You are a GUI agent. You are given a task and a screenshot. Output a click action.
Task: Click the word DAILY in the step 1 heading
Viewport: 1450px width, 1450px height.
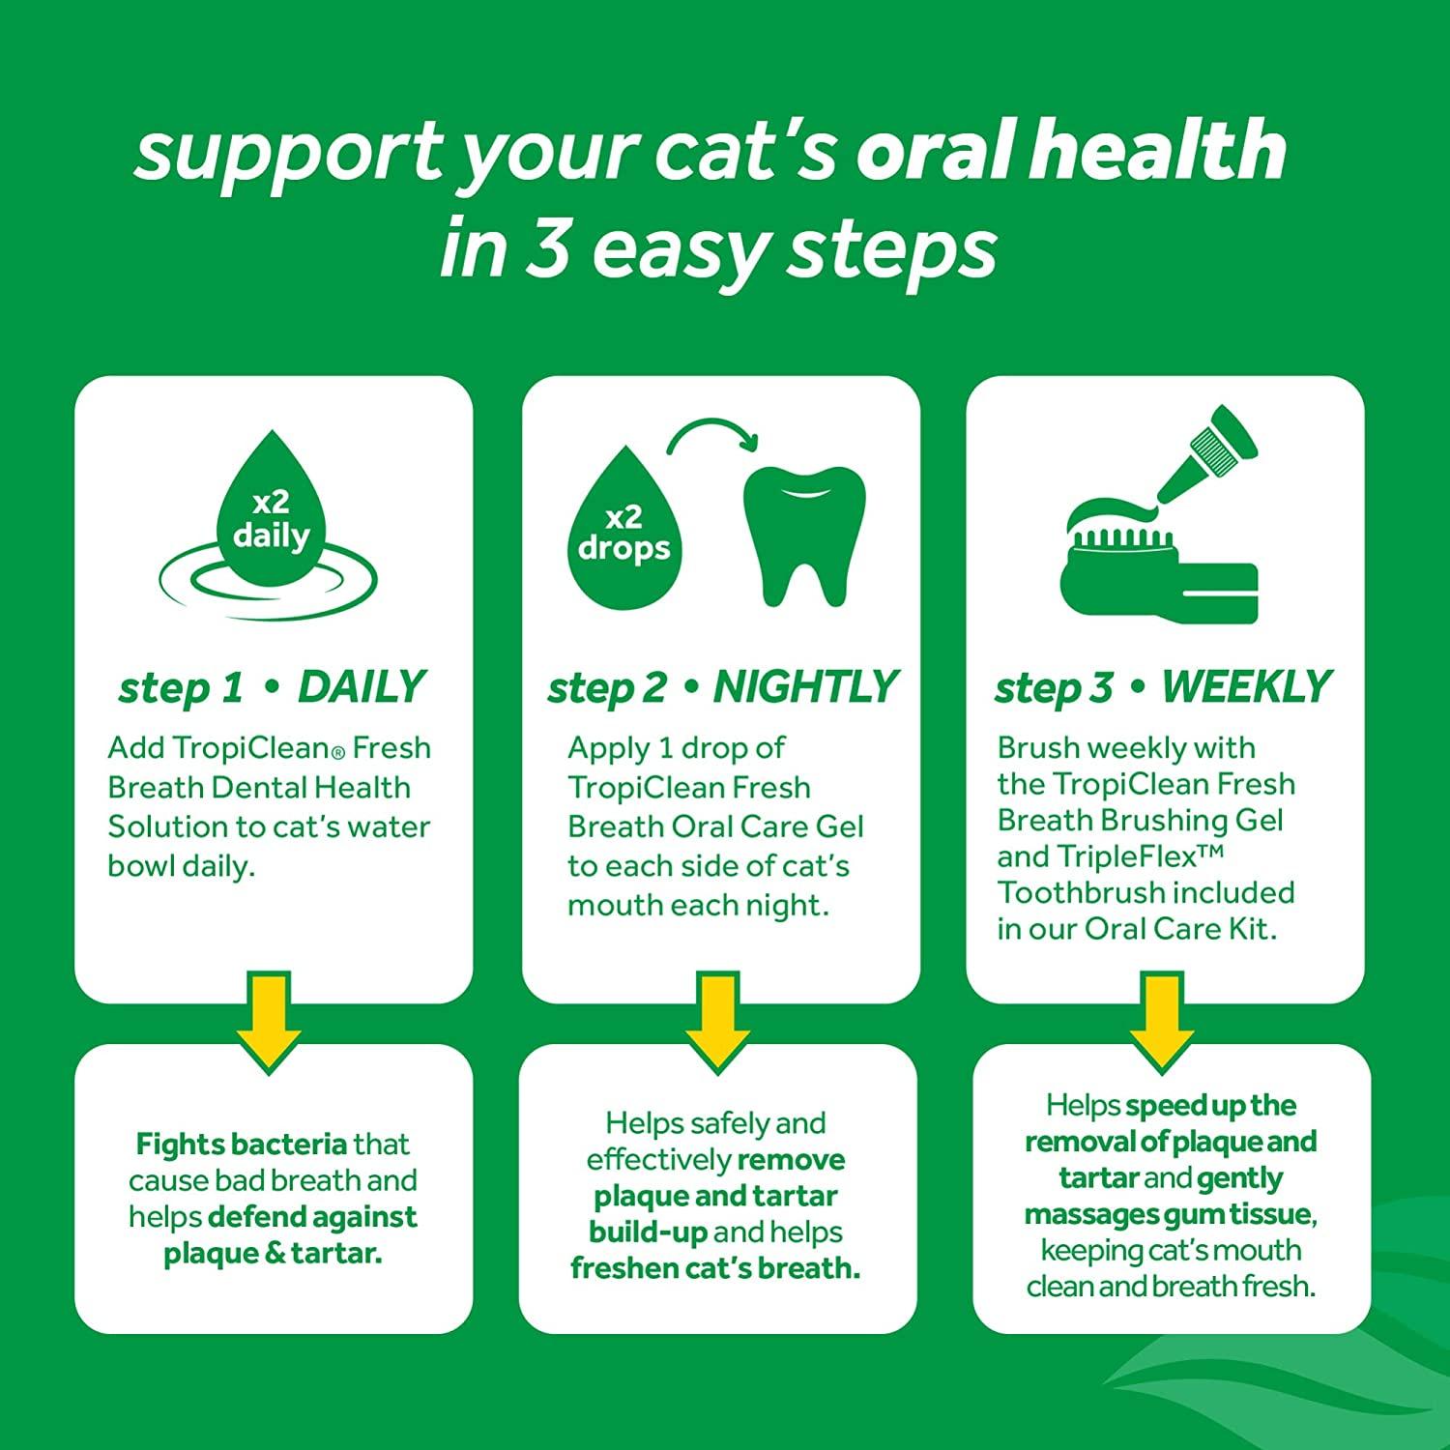(361, 687)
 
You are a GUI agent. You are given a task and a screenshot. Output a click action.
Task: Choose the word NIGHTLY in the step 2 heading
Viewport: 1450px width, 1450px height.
(805, 687)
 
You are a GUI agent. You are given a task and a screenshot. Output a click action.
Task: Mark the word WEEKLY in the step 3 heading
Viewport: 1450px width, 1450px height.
(1246, 687)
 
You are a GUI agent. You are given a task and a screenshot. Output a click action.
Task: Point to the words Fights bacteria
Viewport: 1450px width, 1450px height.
(241, 1145)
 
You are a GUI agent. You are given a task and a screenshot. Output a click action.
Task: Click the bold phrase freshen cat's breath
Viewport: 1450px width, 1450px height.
(715, 1267)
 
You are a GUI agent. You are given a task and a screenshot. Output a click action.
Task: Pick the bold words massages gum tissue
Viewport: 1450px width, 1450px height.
(1170, 1214)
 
